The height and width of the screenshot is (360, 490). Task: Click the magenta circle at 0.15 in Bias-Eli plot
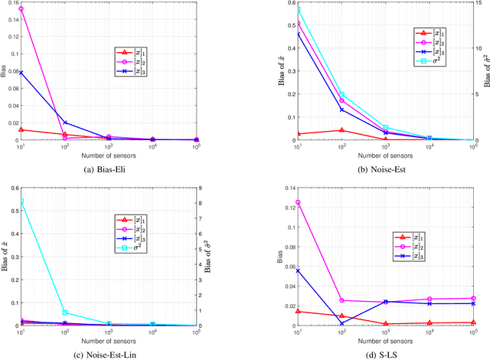click(21, 9)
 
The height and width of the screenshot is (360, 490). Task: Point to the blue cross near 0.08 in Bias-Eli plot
click(21, 73)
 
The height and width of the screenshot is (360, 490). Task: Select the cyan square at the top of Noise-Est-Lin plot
click(21, 201)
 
